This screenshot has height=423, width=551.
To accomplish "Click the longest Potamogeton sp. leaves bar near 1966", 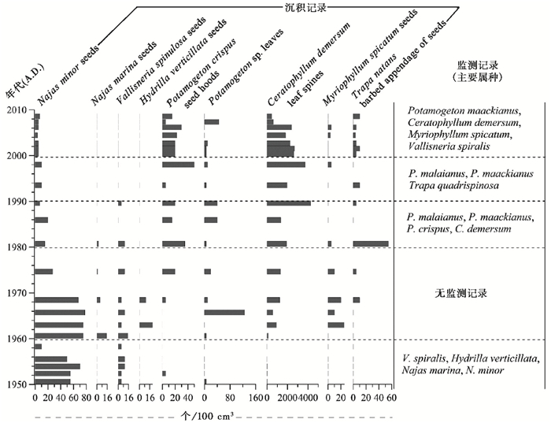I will [x=224, y=313].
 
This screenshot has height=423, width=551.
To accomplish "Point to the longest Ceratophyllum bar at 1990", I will [x=289, y=203].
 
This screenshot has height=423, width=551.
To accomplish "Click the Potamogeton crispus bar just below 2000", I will [x=178, y=165].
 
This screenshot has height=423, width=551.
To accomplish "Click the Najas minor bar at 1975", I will [x=44, y=272].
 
